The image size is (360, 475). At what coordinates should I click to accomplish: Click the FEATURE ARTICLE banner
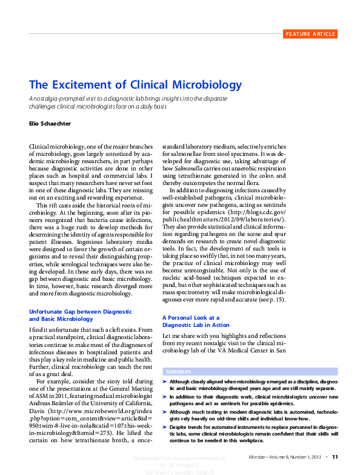click(x=310, y=34)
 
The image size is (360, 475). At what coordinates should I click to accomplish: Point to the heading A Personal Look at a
click(x=190, y=317)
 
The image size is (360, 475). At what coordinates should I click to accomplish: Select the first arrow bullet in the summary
click(x=165, y=380)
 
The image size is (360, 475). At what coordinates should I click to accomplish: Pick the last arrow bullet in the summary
click(x=165, y=427)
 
